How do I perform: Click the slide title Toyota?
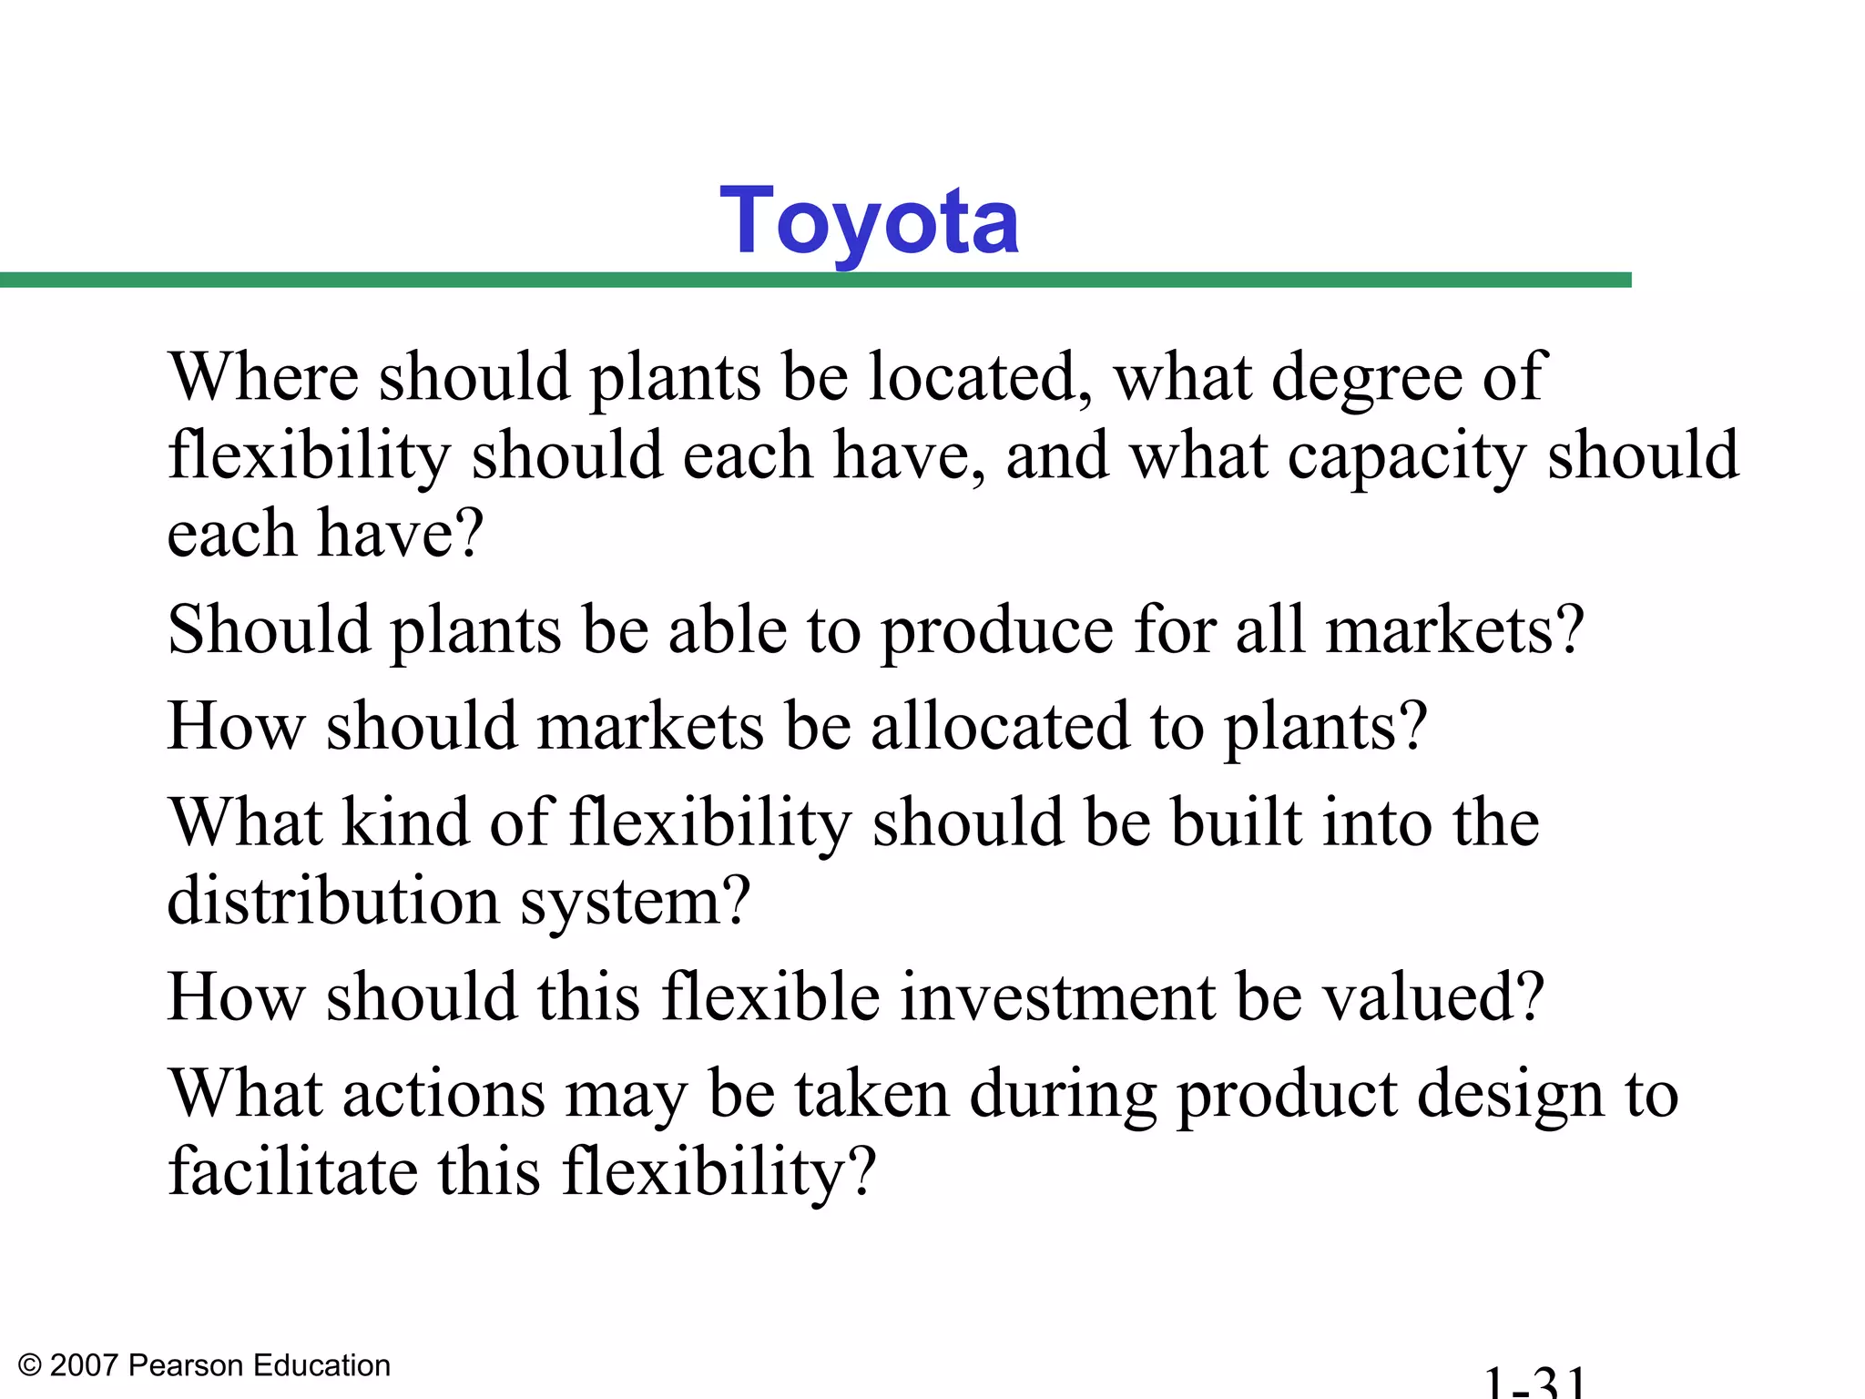coord(869,221)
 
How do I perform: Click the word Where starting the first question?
coord(264,376)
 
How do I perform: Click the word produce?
coord(996,632)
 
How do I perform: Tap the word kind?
coord(405,822)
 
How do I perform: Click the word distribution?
coord(333,901)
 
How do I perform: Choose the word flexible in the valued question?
coord(771,996)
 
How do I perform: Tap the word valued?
coord(1432,996)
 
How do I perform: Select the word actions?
coord(443,1094)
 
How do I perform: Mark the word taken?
coord(871,1094)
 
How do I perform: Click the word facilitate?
coord(292,1171)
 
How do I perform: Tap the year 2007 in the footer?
coord(84,1365)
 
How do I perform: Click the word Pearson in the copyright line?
coord(186,1365)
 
